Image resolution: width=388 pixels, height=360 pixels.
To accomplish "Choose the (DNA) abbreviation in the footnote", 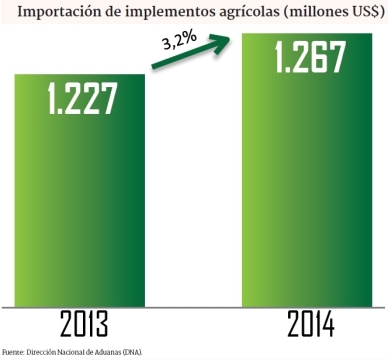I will point(133,352).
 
